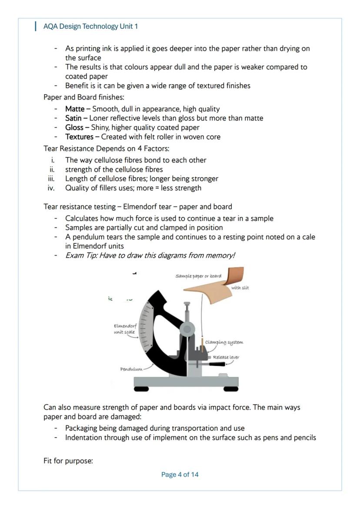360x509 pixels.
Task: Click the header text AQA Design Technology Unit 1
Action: pos(90,26)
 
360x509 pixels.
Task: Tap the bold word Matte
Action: pos(75,109)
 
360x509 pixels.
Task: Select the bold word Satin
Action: pos(73,118)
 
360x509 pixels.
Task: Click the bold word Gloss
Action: pos(74,127)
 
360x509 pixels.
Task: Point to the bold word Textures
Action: pos(79,137)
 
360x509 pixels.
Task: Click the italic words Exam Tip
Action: pos(81,255)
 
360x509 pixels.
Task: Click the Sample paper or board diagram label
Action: pos(198,276)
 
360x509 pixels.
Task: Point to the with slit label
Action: pos(240,288)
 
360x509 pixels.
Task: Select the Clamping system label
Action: pos(224,342)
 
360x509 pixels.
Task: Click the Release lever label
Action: pos(226,357)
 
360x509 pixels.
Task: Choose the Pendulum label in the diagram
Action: pos(131,369)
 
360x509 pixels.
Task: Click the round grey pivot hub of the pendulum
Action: pos(187,329)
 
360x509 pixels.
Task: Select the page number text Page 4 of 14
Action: pos(180,475)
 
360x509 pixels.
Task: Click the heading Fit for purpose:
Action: pos(68,461)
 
